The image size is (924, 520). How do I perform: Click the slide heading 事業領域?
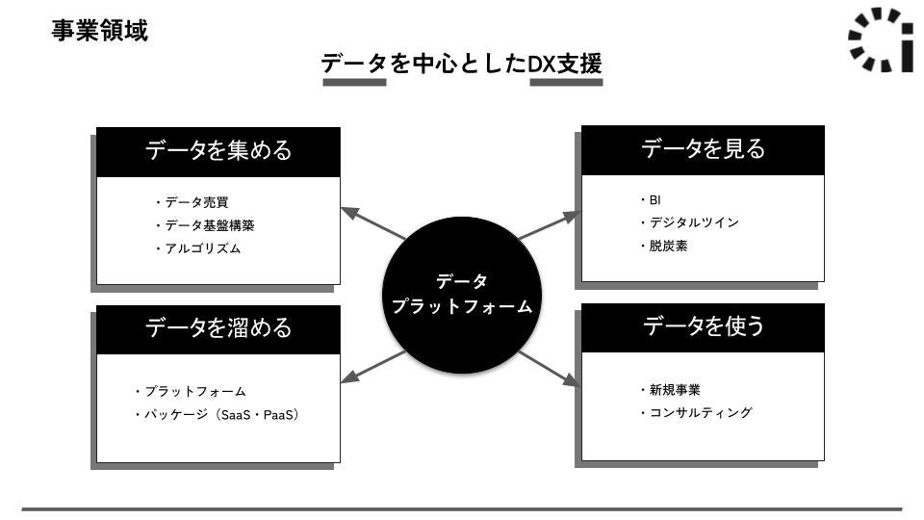100,31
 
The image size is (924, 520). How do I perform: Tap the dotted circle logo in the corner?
881,39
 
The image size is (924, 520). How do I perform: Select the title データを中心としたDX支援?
461,64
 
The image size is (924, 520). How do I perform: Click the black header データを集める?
218,151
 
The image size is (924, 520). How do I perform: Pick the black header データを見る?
703,149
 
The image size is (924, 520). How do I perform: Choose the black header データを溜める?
218,328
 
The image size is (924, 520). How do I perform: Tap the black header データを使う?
703,327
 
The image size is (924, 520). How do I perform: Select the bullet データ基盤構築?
208,225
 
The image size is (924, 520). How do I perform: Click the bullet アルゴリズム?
201,248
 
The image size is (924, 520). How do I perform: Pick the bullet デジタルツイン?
693,222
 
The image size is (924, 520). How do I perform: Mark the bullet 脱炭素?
667,246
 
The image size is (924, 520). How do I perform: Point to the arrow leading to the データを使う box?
549,369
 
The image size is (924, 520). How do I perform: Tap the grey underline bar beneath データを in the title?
354,83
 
